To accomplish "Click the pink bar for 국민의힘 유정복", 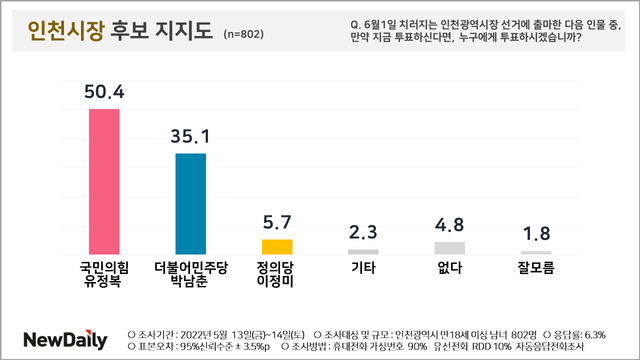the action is (x=104, y=182).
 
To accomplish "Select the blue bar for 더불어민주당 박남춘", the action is (x=191, y=204).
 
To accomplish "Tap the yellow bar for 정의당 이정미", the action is (x=277, y=247).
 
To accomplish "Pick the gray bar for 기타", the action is (x=363, y=252).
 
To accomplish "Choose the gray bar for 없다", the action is (x=450, y=248).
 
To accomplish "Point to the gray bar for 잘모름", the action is (x=536, y=253).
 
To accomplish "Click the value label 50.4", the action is (x=104, y=91).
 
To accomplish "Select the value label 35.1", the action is (x=191, y=136).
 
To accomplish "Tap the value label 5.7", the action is (x=277, y=222).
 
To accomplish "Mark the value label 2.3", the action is (x=363, y=232).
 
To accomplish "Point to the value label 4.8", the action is (x=450, y=225).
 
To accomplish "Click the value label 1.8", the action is (x=537, y=234).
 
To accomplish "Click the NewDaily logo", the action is (x=65, y=340).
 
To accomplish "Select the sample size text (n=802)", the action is (x=243, y=34).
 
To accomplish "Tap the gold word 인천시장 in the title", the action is (x=66, y=31).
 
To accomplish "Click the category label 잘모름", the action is (x=536, y=268).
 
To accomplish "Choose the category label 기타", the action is (x=363, y=268).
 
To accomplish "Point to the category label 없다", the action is (x=450, y=268).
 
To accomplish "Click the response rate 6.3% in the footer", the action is (x=595, y=335).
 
